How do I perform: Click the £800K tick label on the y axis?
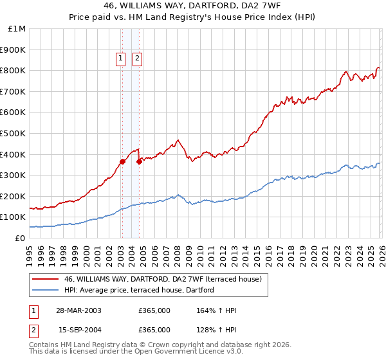point(14,70)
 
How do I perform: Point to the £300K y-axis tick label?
point(14,175)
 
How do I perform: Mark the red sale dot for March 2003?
point(122,161)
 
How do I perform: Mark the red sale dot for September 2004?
point(139,161)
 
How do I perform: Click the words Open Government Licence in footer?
point(183,352)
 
